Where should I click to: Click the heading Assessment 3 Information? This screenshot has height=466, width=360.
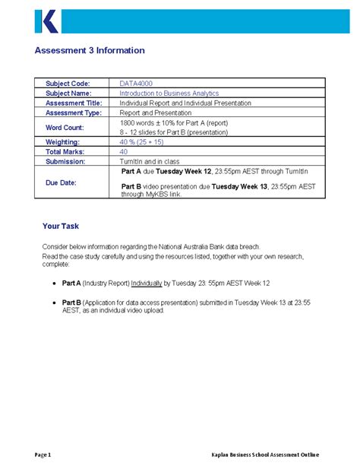[x=90, y=51]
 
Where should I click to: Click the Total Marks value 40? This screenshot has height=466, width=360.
[x=124, y=151]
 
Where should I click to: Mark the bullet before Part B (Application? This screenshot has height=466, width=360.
[x=55, y=303]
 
